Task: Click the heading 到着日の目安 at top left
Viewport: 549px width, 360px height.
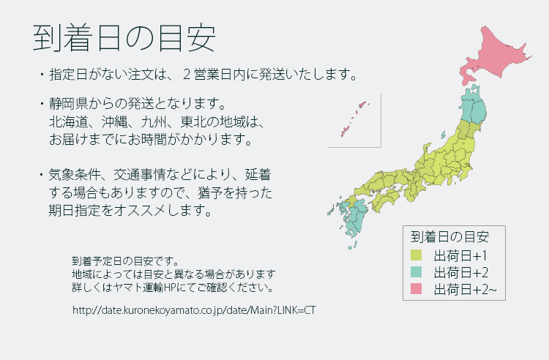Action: (124, 38)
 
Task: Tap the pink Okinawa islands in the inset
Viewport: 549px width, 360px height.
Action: (354, 119)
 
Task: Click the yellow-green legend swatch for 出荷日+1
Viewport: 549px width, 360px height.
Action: (416, 255)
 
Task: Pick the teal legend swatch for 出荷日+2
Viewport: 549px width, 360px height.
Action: (416, 272)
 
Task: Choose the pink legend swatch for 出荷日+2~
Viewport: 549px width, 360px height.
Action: (416, 289)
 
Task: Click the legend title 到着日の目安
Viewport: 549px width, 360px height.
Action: (450, 237)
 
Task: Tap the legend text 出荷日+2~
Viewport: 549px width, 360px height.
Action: (466, 289)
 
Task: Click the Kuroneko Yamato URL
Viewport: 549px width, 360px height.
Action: (194, 310)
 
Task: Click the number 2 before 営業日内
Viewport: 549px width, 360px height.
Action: (187, 75)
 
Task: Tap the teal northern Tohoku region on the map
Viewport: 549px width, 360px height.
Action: (474, 103)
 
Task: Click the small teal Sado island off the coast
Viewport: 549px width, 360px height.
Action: (443, 135)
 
